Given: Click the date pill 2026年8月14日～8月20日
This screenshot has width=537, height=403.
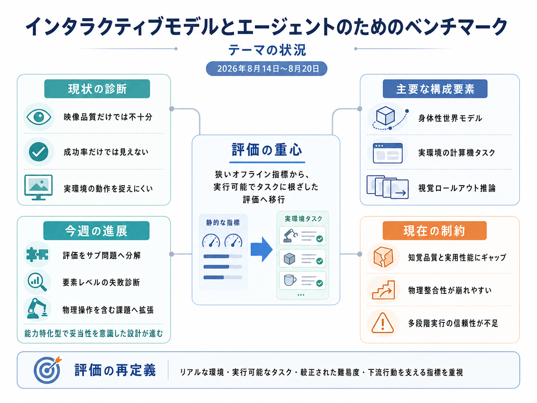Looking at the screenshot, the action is (x=267, y=69).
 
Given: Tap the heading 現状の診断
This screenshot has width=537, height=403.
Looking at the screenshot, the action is (x=97, y=89).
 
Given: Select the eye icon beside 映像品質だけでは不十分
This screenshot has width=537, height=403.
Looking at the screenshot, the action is (x=39, y=117).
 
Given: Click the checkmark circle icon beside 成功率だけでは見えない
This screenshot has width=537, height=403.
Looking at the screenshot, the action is (x=39, y=152).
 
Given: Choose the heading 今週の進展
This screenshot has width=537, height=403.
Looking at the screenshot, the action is (x=96, y=231).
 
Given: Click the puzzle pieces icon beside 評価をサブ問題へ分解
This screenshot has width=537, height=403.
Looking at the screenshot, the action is (x=37, y=255).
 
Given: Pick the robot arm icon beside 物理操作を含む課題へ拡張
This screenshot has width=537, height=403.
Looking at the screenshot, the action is (x=37, y=308).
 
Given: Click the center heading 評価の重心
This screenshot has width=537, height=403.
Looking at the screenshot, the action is (x=267, y=150).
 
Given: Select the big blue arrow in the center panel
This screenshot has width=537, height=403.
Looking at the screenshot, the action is (x=262, y=249).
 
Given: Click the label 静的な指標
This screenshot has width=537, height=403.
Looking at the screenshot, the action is (x=223, y=223).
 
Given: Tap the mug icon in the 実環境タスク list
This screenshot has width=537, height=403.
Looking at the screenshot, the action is (x=290, y=280).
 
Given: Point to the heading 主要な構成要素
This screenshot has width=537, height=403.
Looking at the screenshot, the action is (x=435, y=89).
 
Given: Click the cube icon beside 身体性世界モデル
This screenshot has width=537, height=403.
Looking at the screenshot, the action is (x=386, y=116).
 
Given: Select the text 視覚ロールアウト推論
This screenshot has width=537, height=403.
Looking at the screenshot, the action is (x=457, y=188).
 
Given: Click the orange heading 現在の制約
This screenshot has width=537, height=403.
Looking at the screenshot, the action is (x=434, y=230).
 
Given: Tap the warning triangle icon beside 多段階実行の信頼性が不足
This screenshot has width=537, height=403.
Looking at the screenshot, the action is (x=383, y=323).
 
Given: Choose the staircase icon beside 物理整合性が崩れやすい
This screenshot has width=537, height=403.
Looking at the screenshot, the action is (x=384, y=290).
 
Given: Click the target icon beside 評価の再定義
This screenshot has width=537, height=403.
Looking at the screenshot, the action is (x=48, y=370).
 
